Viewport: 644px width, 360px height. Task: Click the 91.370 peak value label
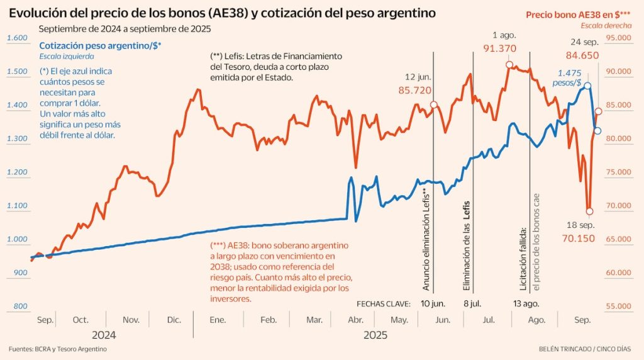point(500,48)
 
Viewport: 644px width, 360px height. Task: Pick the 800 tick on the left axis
point(20,307)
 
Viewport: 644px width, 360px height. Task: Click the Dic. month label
point(174,320)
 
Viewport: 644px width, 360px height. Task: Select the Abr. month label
point(356,320)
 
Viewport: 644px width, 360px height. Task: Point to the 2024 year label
point(104,335)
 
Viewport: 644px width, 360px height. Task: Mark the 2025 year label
point(375,335)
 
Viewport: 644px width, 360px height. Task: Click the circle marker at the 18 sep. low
point(589,211)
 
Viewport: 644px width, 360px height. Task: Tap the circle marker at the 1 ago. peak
point(509,64)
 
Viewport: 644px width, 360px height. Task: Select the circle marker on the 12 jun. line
point(433,105)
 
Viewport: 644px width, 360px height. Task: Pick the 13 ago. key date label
point(526,303)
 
